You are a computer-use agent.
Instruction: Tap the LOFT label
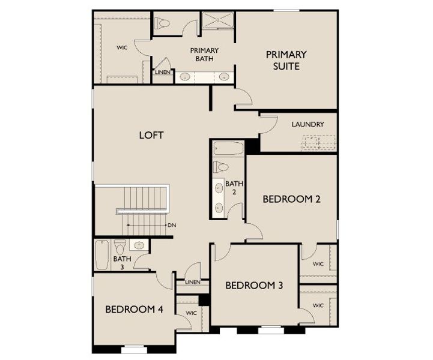pos(151,135)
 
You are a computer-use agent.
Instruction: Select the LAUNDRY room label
pos(308,124)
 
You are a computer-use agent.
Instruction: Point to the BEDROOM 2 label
pos(292,199)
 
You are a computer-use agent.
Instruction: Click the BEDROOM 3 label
pos(254,285)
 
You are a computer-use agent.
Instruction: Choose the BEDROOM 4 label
pos(134,310)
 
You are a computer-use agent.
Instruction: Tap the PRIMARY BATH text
pos(204,54)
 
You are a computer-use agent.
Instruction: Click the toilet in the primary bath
pos(162,23)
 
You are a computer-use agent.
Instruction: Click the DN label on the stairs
pos(171,226)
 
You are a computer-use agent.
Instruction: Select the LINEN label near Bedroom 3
pos(193,282)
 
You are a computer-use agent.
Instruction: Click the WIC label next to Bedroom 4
pos(192,313)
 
